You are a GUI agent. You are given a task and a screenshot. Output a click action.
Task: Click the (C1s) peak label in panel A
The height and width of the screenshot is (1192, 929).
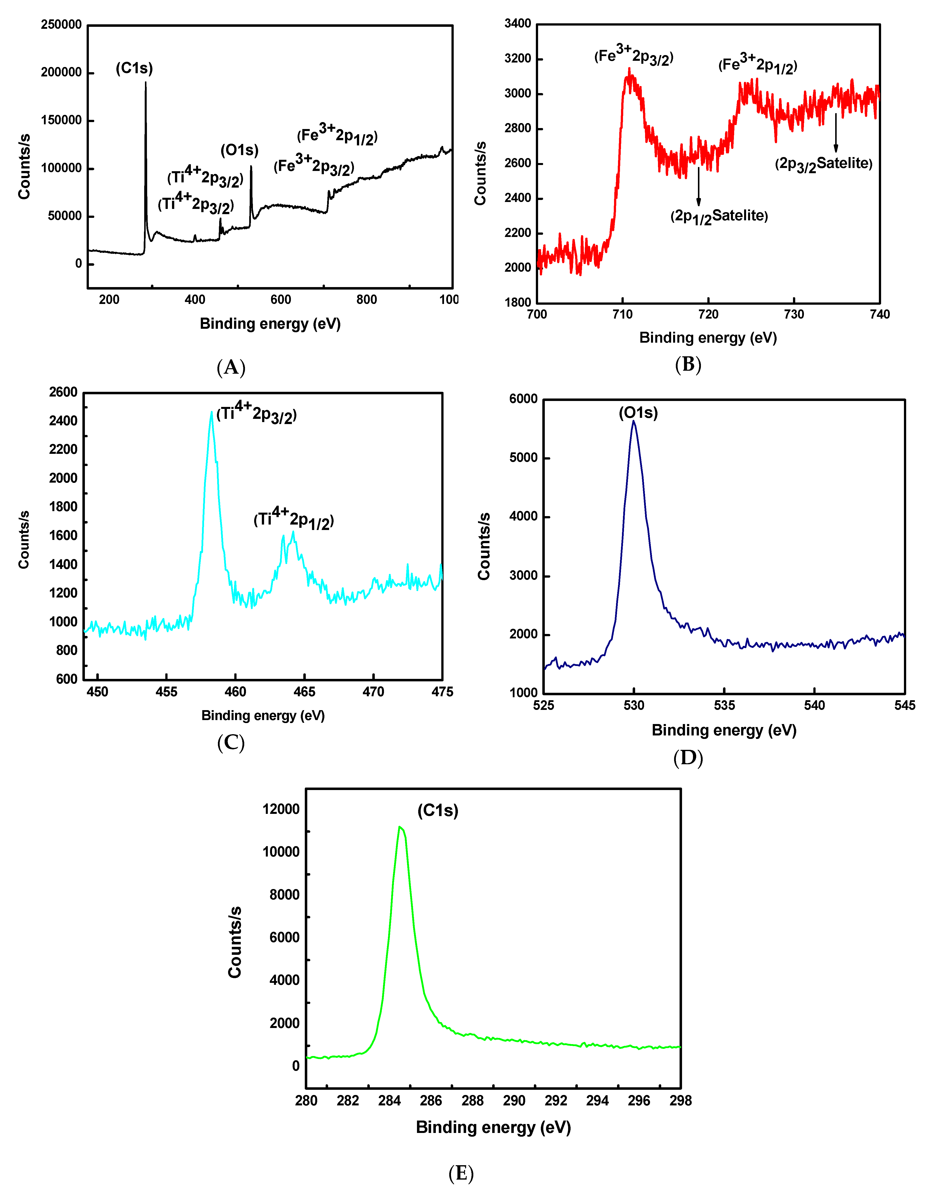click(x=134, y=68)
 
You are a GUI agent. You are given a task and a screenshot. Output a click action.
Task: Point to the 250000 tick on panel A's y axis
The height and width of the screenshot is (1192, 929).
click(x=61, y=25)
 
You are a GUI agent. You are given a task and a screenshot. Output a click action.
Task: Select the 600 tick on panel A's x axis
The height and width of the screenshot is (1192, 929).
click(x=280, y=299)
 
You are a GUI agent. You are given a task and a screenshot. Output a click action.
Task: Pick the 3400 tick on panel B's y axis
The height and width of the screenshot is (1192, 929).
click(x=517, y=24)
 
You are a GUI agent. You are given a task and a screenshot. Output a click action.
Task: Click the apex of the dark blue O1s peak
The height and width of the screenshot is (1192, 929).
click(x=634, y=421)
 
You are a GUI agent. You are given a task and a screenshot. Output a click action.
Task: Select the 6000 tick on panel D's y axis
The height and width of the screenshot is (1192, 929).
click(x=523, y=399)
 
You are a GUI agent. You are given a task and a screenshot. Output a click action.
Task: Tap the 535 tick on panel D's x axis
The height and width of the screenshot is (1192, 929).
click(x=724, y=705)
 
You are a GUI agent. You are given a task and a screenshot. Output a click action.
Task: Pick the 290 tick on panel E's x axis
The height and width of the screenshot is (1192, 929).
click(x=514, y=1100)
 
